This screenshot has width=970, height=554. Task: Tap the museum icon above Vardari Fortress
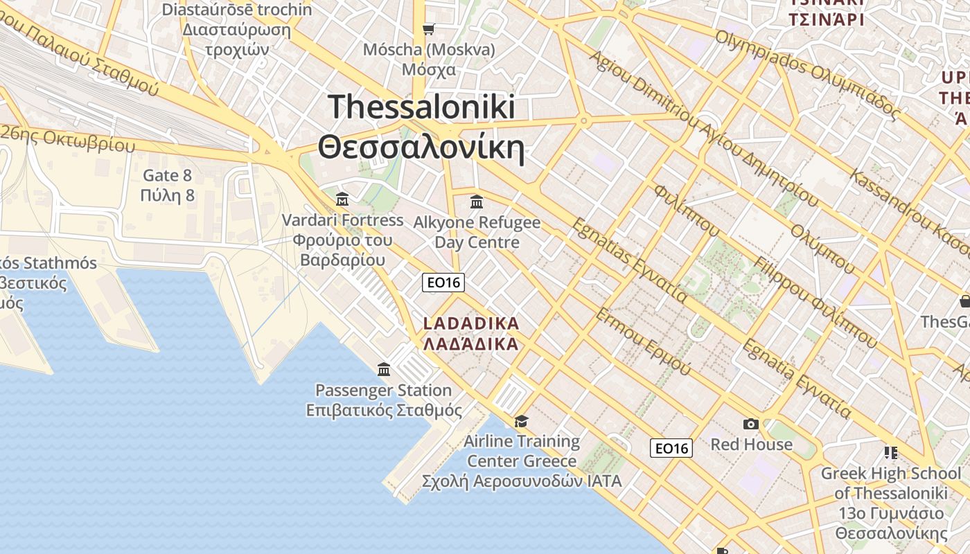[x=342, y=199]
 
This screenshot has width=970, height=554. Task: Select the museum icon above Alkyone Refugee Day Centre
[x=477, y=202]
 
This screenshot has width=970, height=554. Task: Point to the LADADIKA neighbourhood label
[x=470, y=334]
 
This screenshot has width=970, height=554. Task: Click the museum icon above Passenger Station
[x=384, y=369]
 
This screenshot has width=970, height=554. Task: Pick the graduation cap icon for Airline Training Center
[x=521, y=421]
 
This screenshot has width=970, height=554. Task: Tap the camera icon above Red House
[x=751, y=424]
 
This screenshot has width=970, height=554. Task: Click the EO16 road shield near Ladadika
[x=443, y=282]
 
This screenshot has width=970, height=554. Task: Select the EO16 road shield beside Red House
[x=671, y=448]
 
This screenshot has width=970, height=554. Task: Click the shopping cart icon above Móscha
[x=429, y=28]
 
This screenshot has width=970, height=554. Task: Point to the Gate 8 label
[x=167, y=185]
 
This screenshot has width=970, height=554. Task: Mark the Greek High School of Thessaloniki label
[x=891, y=503]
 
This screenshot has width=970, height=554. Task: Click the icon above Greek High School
[x=891, y=453]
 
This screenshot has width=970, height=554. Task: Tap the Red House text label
[x=751, y=444]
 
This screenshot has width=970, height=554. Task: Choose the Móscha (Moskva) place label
[x=430, y=60]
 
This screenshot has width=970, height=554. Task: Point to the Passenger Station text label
[x=384, y=400]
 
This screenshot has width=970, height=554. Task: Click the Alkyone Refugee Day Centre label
[x=477, y=232]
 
